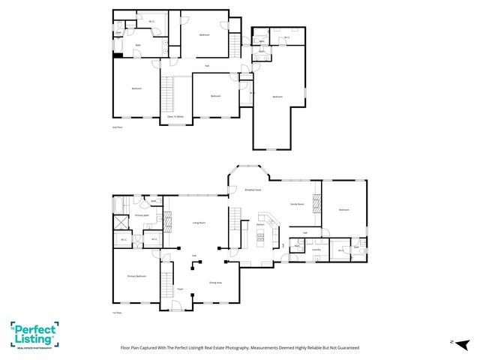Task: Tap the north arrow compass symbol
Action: [x=452, y=342]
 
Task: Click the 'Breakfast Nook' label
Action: [x=253, y=190]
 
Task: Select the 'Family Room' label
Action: [x=297, y=204]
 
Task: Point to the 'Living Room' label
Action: [x=199, y=223]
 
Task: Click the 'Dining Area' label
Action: [x=215, y=283]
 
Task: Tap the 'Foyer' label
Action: [x=180, y=289]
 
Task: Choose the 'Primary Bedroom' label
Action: [x=136, y=276]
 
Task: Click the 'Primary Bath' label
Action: [x=143, y=216]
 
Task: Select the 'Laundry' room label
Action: [x=316, y=250]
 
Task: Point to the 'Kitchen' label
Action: [x=260, y=224]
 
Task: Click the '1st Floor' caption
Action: [x=116, y=313]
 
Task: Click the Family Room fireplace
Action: [x=316, y=204]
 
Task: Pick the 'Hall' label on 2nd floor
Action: [x=207, y=66]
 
